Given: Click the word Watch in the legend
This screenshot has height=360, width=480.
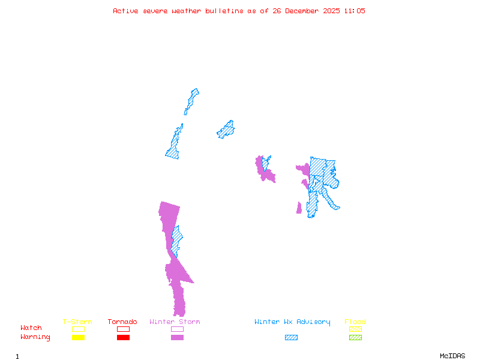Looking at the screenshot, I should pyautogui.click(x=31, y=328).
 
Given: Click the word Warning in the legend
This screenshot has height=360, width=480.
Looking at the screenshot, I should pyautogui.click(x=35, y=337).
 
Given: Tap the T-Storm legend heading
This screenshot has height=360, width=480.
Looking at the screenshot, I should pyautogui.click(x=77, y=322).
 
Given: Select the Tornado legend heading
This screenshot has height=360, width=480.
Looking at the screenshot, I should pyautogui.click(x=122, y=322).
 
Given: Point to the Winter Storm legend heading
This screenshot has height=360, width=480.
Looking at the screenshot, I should pyautogui.click(x=175, y=322).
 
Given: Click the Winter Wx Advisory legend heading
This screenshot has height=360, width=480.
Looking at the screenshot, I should pyautogui.click(x=292, y=322).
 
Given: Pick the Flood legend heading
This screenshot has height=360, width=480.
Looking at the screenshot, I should pyautogui.click(x=355, y=322).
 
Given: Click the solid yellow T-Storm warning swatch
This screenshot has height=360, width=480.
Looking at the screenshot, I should pyautogui.click(x=78, y=338).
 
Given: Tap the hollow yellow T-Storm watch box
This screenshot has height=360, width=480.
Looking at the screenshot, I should pyautogui.click(x=78, y=329).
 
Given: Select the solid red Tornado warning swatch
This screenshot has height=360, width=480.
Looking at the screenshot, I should pyautogui.click(x=123, y=338).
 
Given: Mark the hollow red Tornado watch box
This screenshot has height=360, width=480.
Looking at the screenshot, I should pyautogui.click(x=123, y=329).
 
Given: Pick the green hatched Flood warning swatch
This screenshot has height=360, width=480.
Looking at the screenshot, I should pyautogui.click(x=355, y=338).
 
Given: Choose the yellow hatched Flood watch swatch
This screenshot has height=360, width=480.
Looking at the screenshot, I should pyautogui.click(x=355, y=329).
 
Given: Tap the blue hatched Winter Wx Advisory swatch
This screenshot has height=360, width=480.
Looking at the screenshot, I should pyautogui.click(x=291, y=338).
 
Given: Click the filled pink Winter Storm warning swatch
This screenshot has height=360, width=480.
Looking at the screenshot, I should pyautogui.click(x=177, y=338).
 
